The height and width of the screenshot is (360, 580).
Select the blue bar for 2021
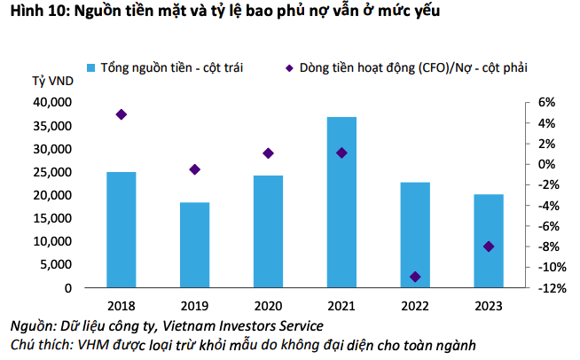point(341,202)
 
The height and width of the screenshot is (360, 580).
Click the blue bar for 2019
point(195,245)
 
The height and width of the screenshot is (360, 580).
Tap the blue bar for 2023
point(488,240)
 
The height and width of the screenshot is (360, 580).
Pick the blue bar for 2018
point(121,230)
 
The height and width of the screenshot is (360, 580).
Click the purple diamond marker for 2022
point(415,277)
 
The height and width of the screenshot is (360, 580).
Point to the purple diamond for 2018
point(121,114)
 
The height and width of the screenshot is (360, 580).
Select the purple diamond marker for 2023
point(489,247)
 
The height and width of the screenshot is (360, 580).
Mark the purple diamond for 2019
point(195,169)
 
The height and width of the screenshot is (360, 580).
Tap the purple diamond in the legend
point(290,67)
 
